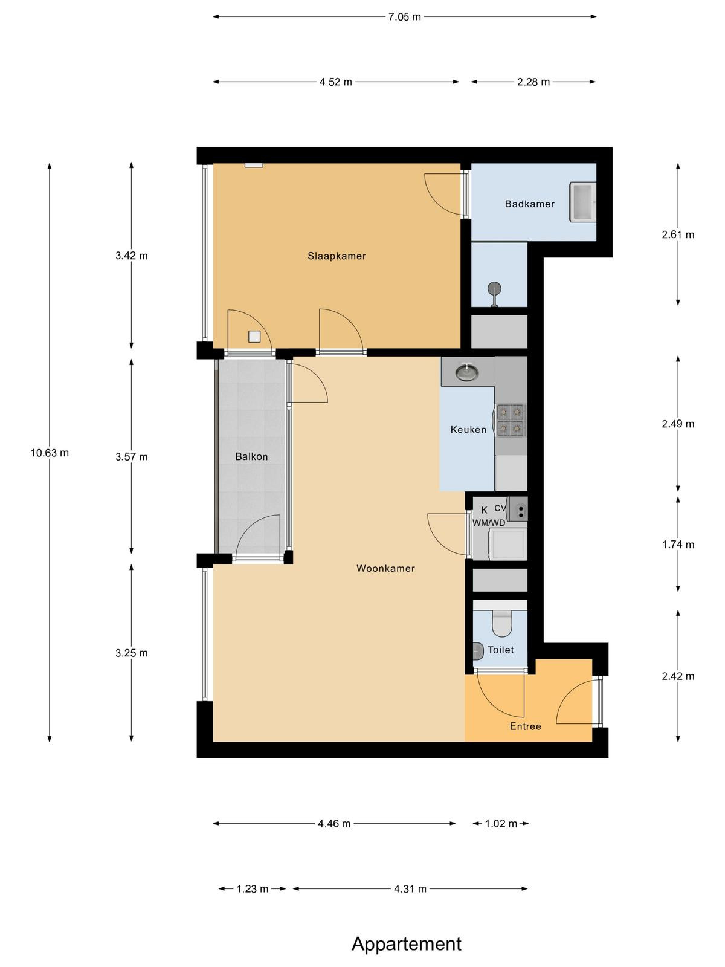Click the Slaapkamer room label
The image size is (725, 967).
pos(337,256)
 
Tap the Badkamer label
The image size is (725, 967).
pos(530,204)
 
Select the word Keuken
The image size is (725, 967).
pos(468,430)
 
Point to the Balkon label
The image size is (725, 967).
pos(251,456)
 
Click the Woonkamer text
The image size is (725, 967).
pos(385,568)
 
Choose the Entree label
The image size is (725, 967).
pos(526,726)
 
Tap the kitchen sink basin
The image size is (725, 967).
pos(467,372)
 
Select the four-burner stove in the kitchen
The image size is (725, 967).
pos(511,420)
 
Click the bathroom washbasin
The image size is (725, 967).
pos(583,201)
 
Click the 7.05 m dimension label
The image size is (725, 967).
pos(405,17)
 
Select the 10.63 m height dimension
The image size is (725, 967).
pos(50,453)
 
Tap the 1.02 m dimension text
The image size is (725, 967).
pos(501,823)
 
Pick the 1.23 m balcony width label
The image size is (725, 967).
pos(252,889)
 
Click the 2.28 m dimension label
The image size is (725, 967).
pos(533,82)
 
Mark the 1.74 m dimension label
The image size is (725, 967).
pos(678,545)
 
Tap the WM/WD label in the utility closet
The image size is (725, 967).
pos(489,523)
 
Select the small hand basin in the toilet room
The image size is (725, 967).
pos(477,651)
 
